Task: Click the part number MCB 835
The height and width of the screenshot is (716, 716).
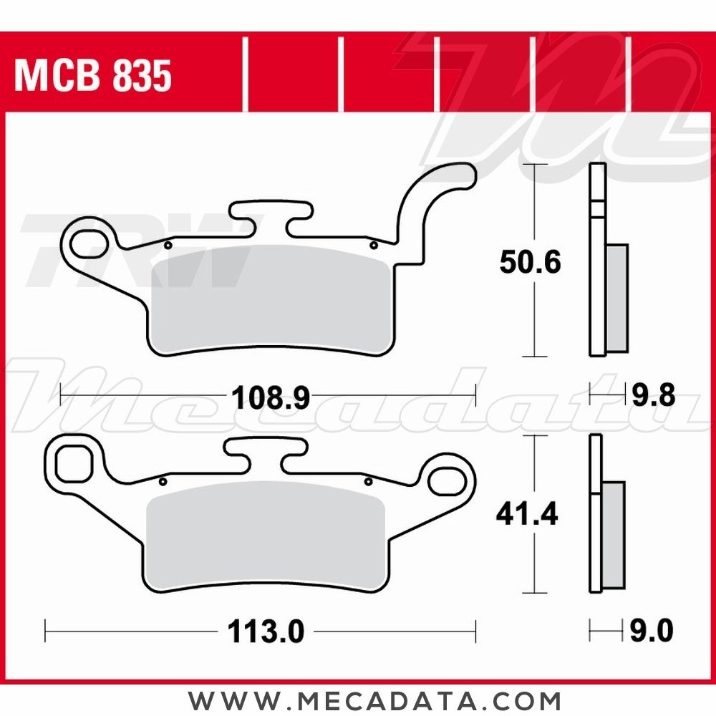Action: tap(93, 76)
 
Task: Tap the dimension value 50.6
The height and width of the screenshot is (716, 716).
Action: tap(530, 263)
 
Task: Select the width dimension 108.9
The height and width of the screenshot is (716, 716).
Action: tap(270, 396)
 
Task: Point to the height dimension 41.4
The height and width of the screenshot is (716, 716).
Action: tap(528, 514)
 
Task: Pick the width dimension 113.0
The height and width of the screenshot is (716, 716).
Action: tap(266, 632)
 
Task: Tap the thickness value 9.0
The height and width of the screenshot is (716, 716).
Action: tap(652, 632)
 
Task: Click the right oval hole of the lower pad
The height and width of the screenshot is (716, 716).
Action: tap(447, 477)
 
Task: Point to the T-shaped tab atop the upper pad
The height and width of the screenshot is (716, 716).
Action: tap(271, 215)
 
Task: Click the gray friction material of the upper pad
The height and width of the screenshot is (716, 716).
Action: tap(272, 297)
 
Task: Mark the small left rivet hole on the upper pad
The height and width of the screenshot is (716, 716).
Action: tap(167, 246)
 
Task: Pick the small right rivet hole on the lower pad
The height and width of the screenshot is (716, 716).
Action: tap(368, 481)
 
